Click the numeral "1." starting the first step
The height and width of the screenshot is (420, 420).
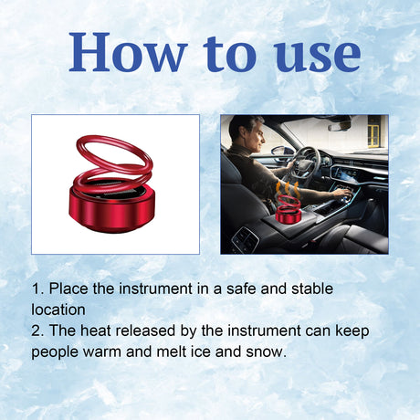coord(37,289)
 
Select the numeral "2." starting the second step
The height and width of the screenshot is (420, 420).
coord(37,331)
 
